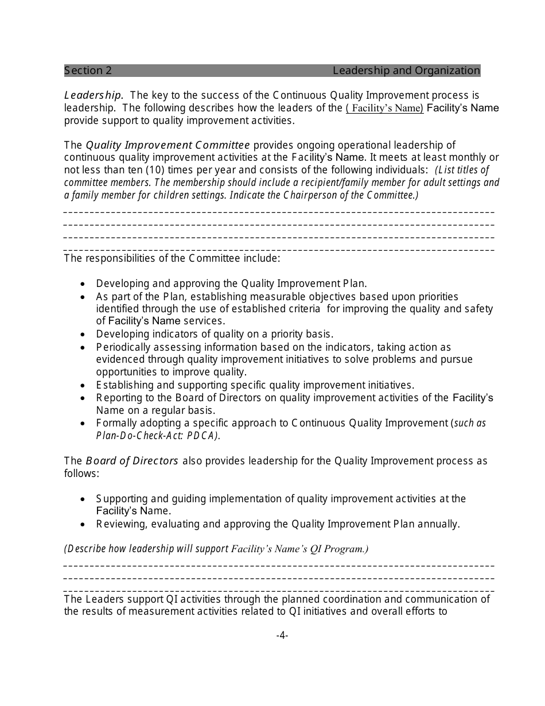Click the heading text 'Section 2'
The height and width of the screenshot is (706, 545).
(88, 71)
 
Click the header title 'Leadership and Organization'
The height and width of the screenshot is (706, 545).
(406, 71)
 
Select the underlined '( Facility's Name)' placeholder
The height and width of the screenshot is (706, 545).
(384, 108)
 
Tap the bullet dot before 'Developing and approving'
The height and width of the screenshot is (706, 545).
(84, 284)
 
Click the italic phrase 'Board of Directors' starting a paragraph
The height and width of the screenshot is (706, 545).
(132, 461)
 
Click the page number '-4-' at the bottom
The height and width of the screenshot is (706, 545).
(282, 635)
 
